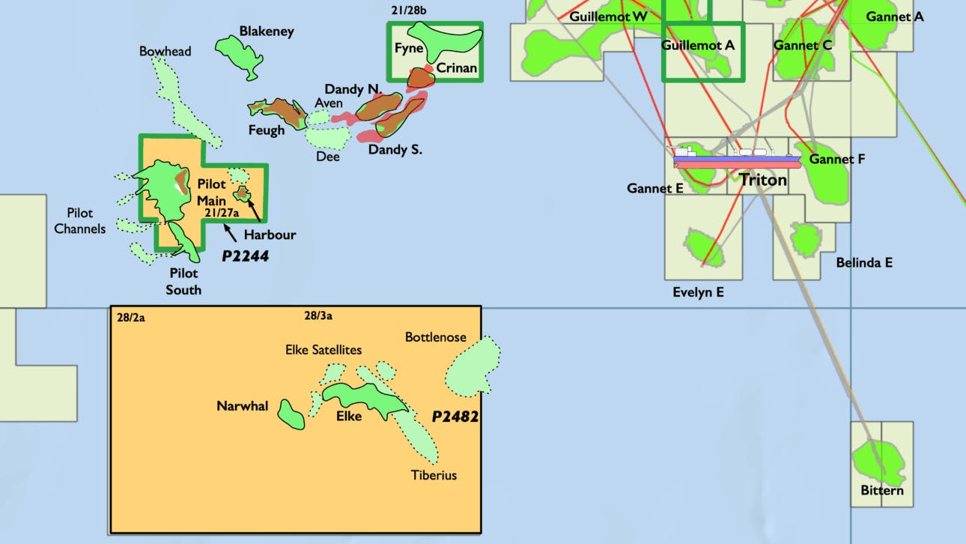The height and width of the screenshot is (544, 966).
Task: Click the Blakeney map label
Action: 266,31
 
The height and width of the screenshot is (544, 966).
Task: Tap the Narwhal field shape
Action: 290,414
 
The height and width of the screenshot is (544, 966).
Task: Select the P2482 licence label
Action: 455,417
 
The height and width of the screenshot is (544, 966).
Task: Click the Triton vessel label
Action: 763,180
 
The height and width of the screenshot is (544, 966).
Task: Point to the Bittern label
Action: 881,491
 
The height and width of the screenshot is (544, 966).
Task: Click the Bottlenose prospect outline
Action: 473,367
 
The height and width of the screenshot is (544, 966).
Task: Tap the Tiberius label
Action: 434,475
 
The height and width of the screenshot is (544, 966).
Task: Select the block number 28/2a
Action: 130,317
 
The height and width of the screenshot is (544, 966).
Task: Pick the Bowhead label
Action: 165,51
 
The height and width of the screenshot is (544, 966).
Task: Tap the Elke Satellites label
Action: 323,350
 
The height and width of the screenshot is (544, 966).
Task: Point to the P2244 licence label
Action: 245,256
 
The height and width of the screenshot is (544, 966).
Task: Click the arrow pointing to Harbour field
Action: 255,211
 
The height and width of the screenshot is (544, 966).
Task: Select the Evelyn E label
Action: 698,292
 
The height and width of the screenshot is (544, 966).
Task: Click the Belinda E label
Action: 864,263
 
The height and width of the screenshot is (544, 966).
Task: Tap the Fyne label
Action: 409,49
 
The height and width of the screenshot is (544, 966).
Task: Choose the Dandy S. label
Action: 395,150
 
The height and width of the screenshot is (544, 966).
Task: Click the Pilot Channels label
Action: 80,221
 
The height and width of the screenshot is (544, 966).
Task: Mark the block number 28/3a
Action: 319,316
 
